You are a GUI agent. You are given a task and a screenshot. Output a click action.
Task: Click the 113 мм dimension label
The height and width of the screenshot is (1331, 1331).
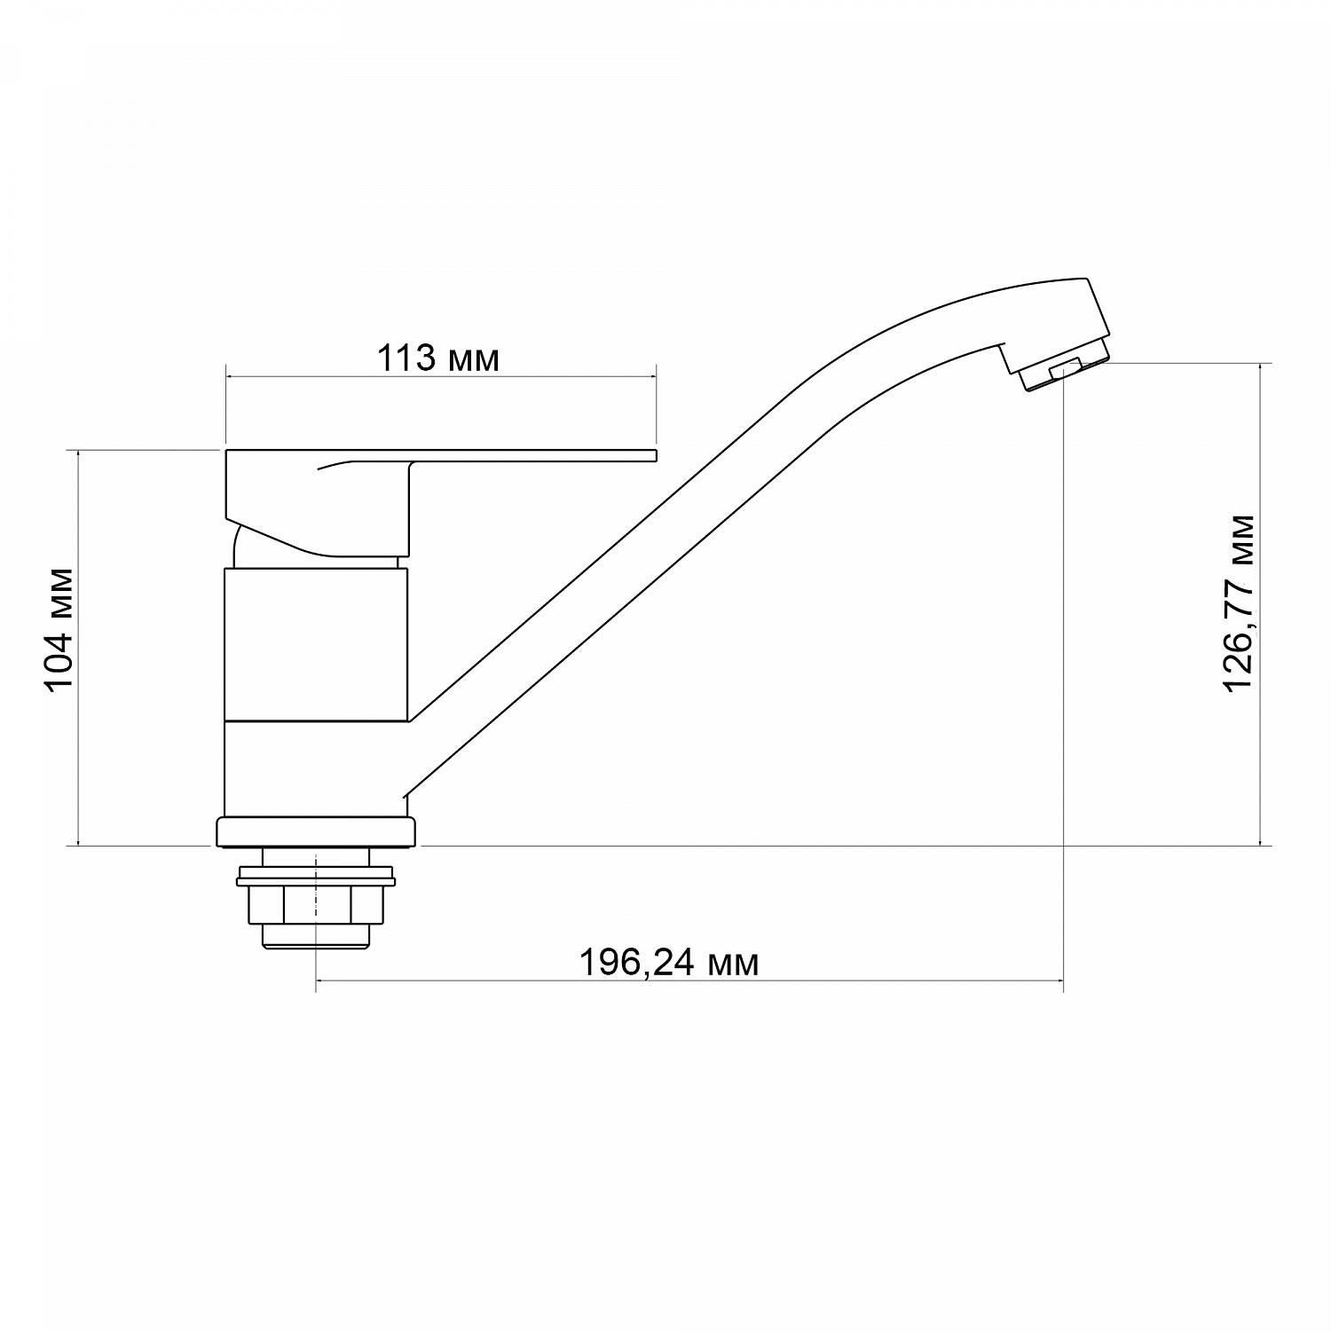[x=438, y=359]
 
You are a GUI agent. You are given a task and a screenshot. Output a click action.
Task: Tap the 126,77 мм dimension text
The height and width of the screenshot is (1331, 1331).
[x=1239, y=604]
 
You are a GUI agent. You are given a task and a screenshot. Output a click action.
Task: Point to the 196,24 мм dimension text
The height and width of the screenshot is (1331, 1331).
[x=669, y=962]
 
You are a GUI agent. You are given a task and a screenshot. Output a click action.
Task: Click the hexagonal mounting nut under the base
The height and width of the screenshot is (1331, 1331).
[x=316, y=904]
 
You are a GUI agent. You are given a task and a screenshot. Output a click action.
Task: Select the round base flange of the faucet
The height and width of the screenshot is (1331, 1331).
[x=316, y=832]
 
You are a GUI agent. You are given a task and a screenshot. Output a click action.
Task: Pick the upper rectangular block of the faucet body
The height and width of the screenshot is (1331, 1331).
[x=316, y=644]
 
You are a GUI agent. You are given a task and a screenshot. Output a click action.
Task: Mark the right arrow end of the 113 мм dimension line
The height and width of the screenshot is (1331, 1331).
[x=656, y=377]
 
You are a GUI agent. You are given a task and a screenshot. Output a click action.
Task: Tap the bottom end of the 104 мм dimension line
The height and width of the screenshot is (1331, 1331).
[x=80, y=846]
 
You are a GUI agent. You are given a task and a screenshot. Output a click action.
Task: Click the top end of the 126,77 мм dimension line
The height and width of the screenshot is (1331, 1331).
[x=1261, y=363]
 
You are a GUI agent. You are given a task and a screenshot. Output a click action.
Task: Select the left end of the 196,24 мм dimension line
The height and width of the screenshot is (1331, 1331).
[x=317, y=981]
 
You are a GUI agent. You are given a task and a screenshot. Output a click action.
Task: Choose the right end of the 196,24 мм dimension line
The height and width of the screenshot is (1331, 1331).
[x=1063, y=981]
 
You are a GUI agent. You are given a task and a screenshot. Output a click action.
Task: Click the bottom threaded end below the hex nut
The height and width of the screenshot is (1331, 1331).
[x=316, y=939]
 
